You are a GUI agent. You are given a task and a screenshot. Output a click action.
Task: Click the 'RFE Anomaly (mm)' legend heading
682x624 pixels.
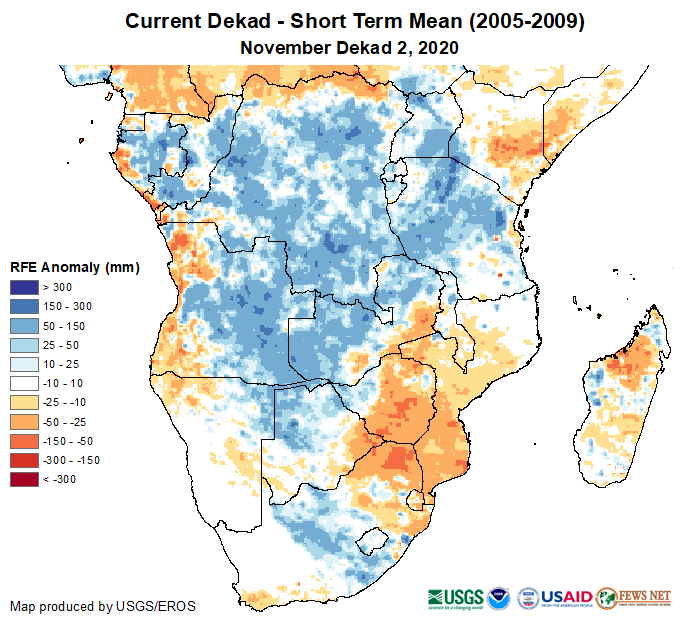point(74,267)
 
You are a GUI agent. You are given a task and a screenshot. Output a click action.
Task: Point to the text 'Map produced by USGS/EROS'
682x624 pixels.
point(103,606)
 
